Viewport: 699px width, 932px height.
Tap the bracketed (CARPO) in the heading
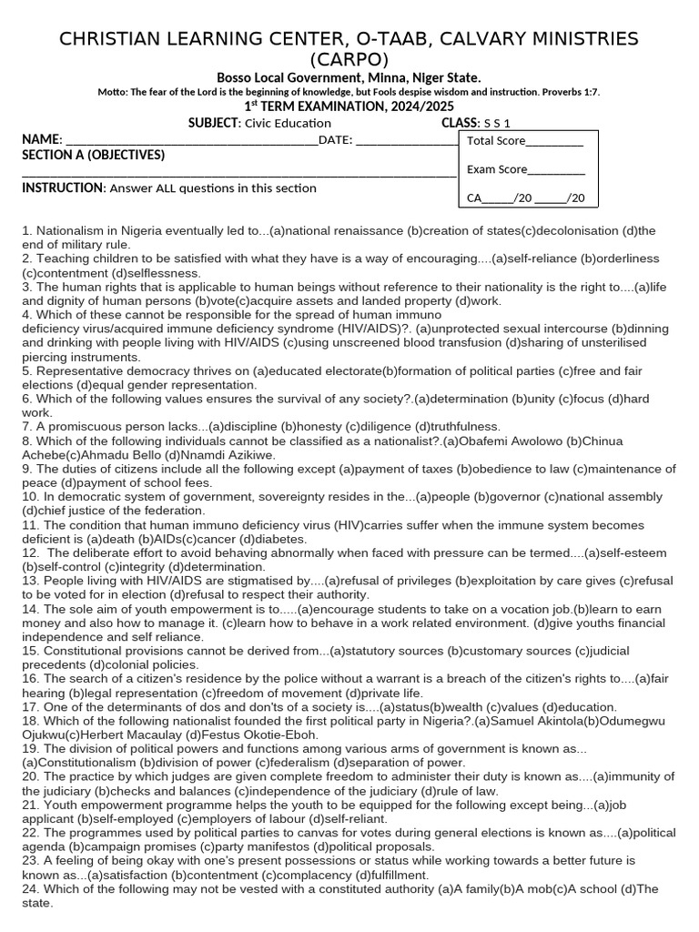pyautogui.click(x=349, y=60)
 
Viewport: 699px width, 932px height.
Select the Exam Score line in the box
pyautogui.click(x=556, y=169)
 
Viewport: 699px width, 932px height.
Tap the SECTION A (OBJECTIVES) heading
pyautogui.click(x=94, y=155)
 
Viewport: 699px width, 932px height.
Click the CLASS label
pyautogui.click(x=460, y=123)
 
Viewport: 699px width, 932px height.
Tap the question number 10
pyautogui.click(x=30, y=497)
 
